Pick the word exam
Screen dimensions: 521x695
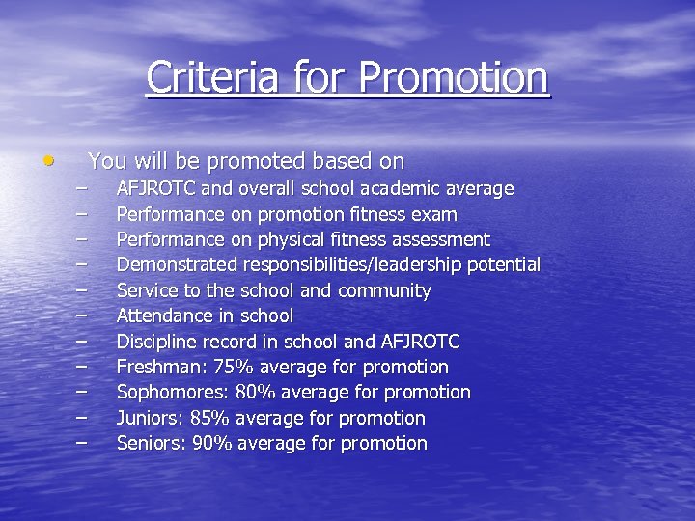(437, 214)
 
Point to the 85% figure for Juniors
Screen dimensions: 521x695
(209, 418)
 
